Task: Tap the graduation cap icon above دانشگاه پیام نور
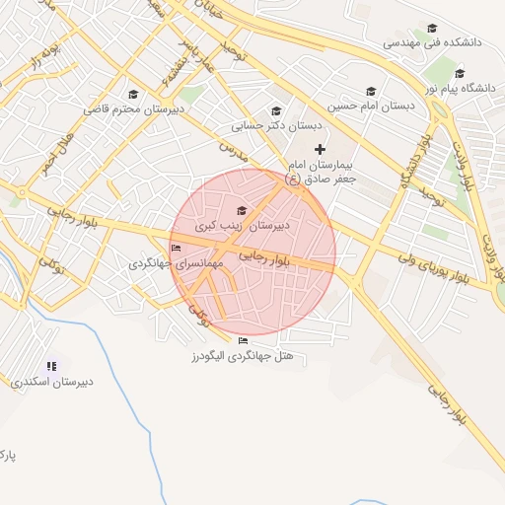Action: click(460, 73)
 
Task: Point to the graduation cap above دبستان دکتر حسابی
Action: click(276, 110)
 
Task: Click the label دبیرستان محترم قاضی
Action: click(134, 108)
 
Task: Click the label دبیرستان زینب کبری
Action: click(242, 226)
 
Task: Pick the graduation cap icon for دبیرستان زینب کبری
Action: click(242, 210)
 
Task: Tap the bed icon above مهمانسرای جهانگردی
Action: click(176, 249)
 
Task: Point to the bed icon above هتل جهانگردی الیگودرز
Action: click(243, 341)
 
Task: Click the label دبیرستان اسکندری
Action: click(52, 381)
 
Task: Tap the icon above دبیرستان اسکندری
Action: click(52, 366)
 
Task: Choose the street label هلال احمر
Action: click(55, 154)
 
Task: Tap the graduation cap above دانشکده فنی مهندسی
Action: click(431, 29)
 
